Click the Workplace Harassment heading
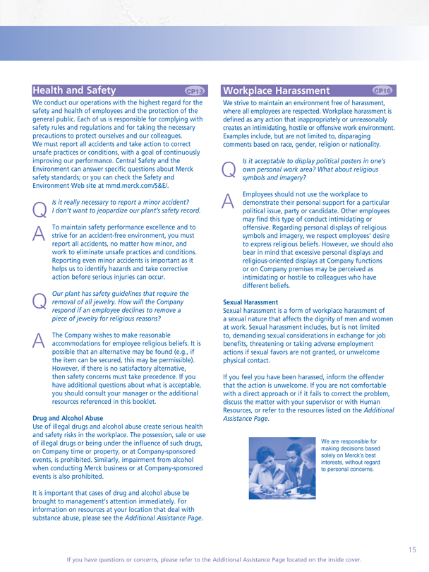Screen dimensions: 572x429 275,90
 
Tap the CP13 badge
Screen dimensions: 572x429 194,91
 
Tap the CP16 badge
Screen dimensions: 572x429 382,90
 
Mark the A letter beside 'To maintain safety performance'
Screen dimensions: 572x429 41,232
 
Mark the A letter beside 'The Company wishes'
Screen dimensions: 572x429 41,340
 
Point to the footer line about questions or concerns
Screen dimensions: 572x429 214,559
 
